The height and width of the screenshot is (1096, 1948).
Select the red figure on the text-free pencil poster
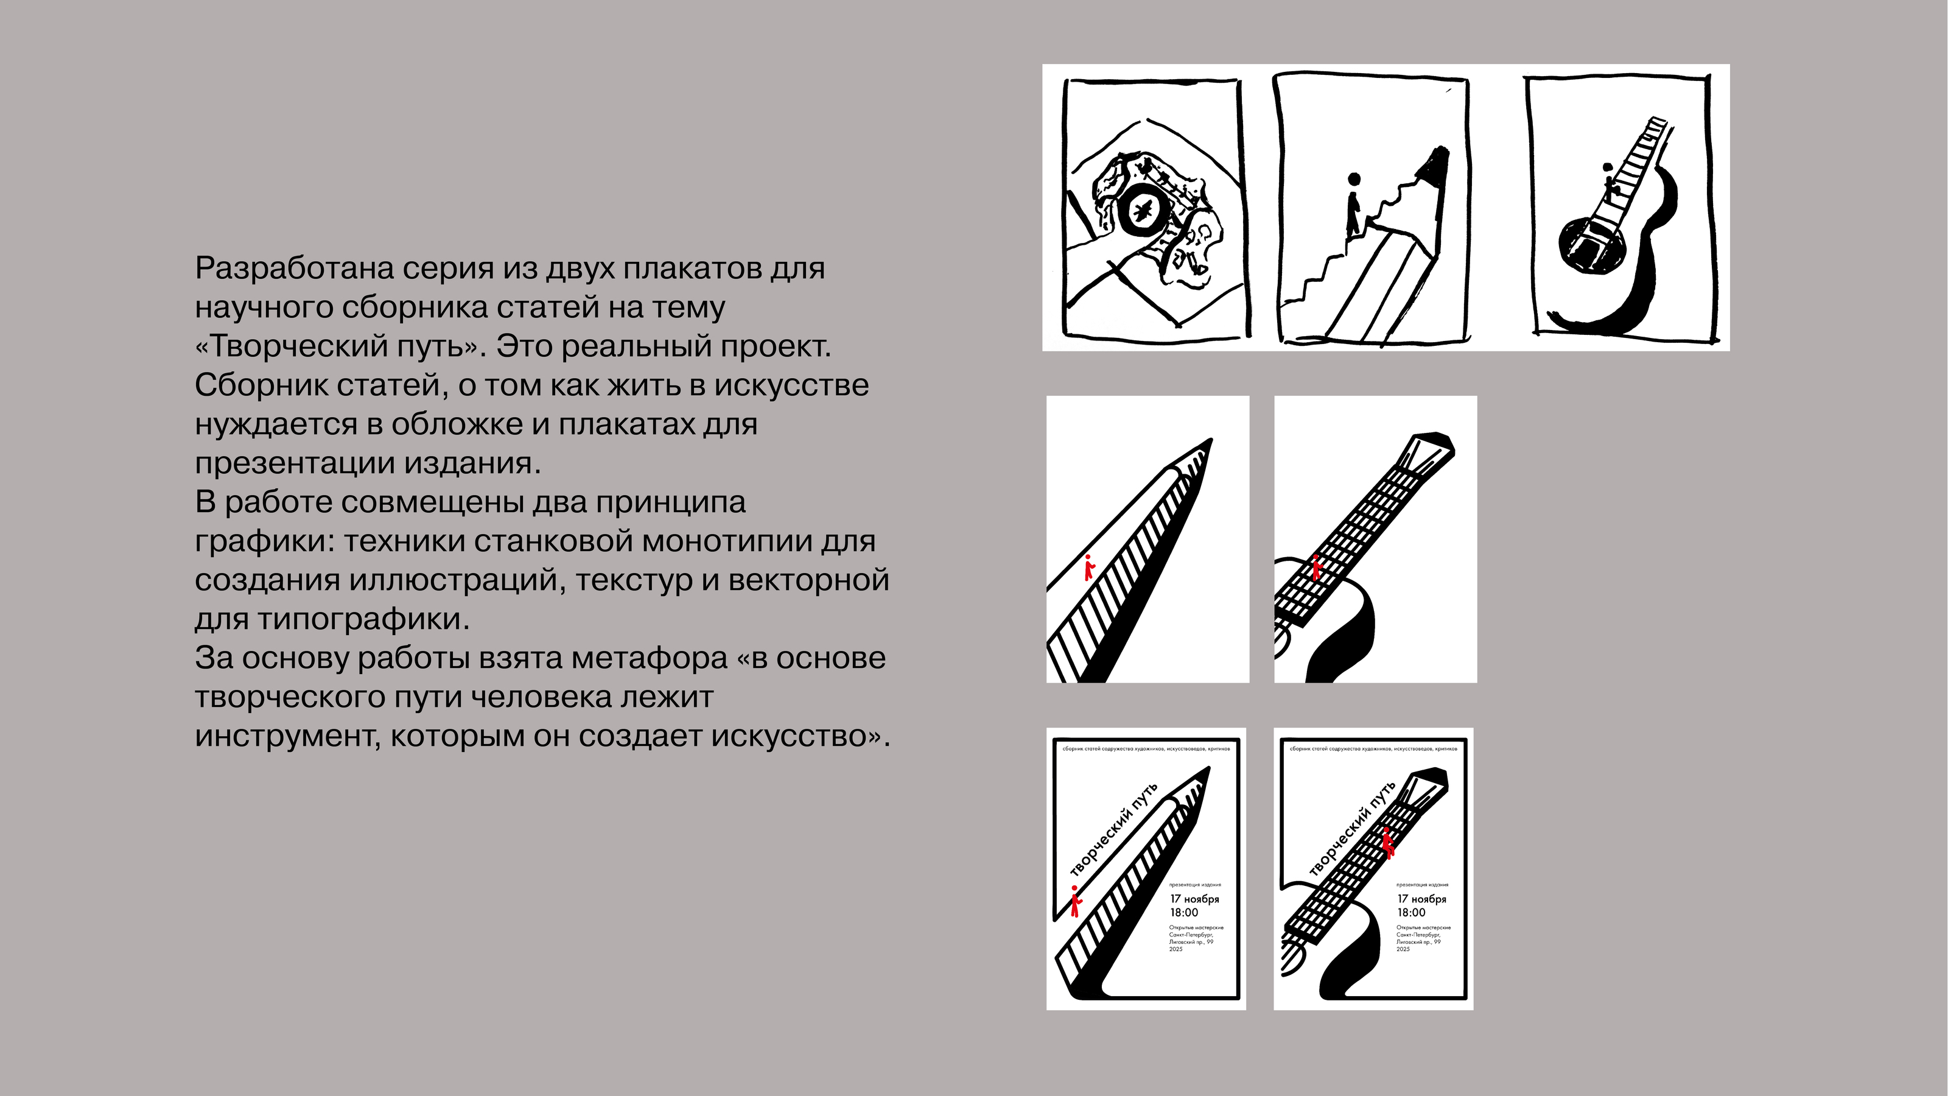point(1089,568)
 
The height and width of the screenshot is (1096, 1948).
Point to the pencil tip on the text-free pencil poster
point(1208,446)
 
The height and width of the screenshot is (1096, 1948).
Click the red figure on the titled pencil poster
point(1075,901)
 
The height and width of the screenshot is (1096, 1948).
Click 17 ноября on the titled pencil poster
point(1195,899)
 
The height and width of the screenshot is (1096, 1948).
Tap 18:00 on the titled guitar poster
point(1411,912)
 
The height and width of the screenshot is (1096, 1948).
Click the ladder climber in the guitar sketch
point(1608,181)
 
